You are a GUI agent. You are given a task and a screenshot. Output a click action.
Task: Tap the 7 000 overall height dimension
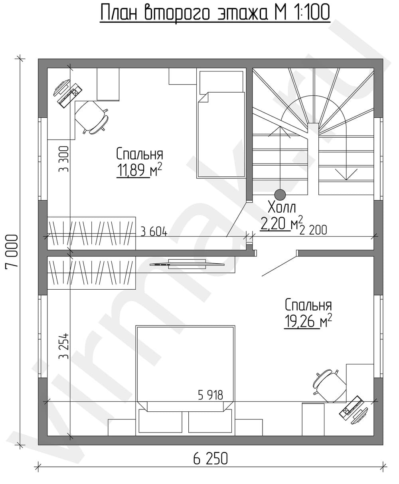11,251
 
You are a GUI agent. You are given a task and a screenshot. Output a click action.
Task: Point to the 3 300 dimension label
63,159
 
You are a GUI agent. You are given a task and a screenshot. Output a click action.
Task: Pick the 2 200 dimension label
313,230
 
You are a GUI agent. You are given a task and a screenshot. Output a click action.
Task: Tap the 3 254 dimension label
63,346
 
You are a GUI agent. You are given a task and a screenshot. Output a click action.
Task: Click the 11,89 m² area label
139,170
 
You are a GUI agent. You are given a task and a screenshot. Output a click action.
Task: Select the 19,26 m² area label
308,322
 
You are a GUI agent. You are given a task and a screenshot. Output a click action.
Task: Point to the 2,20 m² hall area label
281,223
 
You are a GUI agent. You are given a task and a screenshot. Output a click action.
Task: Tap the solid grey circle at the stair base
280,194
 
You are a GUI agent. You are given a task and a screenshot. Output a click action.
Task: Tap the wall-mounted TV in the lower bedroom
187,264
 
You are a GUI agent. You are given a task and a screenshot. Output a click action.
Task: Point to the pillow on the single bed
221,82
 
